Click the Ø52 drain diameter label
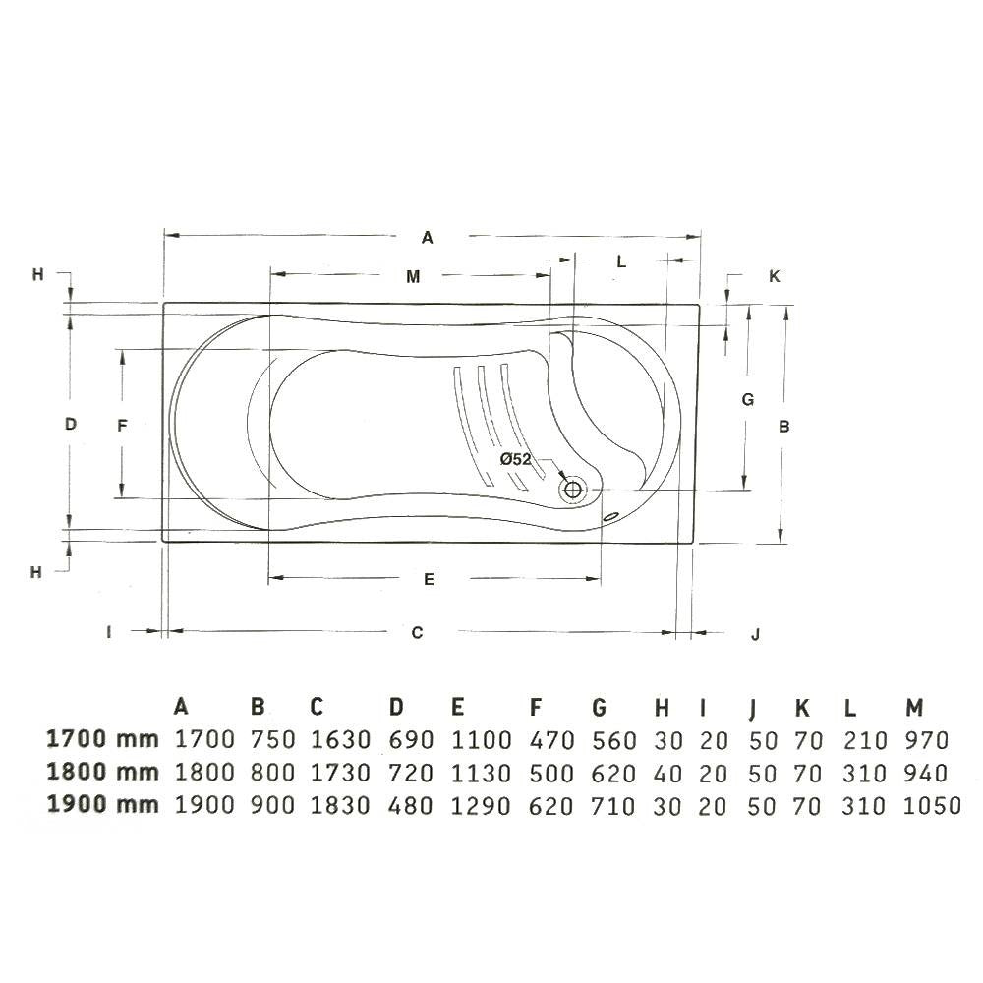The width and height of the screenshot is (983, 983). [x=515, y=459]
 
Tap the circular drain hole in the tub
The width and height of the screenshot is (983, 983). [x=572, y=488]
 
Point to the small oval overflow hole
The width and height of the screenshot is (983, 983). [x=610, y=517]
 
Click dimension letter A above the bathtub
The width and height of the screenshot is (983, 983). [x=427, y=238]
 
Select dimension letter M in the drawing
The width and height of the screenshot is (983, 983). [x=413, y=276]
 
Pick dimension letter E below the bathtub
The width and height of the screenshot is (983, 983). [x=429, y=579]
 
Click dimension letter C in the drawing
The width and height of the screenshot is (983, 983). [x=417, y=632]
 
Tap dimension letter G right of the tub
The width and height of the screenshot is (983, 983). [x=747, y=399]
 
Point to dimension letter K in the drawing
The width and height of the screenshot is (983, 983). [x=775, y=276]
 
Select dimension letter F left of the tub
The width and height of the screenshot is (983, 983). [x=122, y=426]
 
